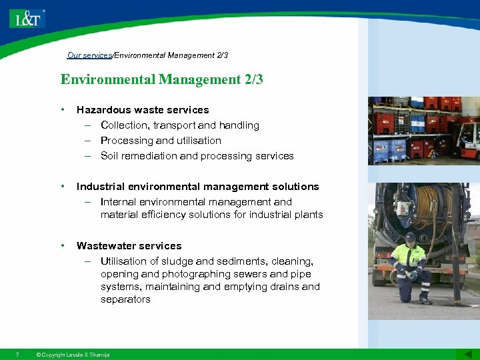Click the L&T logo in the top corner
(x=27, y=17)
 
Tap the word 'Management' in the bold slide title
(x=198, y=80)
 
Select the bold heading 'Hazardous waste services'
(x=143, y=110)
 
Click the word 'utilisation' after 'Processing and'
(x=199, y=141)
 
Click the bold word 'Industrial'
(x=100, y=187)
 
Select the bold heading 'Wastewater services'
(x=129, y=246)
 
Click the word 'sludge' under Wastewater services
(x=174, y=261)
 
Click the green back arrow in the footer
(x=463, y=354)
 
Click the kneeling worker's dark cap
(x=411, y=237)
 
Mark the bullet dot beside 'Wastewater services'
(x=62, y=246)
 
